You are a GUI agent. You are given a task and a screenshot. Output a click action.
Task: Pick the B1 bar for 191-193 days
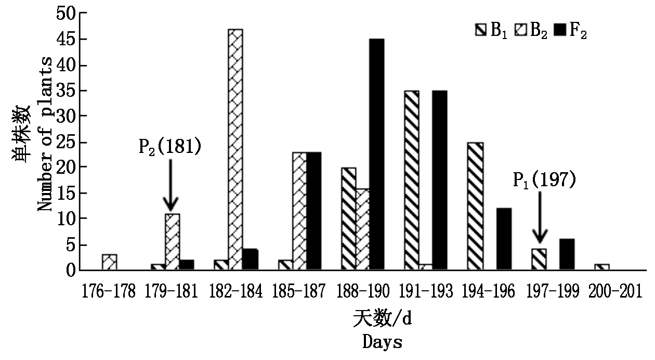[x=411, y=181]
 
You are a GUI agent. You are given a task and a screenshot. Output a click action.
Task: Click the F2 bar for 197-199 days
[x=568, y=255]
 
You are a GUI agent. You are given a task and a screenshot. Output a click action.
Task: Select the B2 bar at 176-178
[x=109, y=262]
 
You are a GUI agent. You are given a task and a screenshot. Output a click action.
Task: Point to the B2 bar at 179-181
[x=172, y=242]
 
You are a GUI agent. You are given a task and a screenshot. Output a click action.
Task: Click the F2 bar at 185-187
[x=313, y=211]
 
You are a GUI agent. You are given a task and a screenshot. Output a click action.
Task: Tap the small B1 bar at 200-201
[x=601, y=267]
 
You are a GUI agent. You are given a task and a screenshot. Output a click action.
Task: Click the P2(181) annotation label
[x=169, y=147]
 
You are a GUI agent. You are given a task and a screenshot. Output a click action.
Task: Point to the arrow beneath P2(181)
[x=170, y=185]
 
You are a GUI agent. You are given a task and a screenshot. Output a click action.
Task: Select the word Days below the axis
[x=382, y=342]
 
